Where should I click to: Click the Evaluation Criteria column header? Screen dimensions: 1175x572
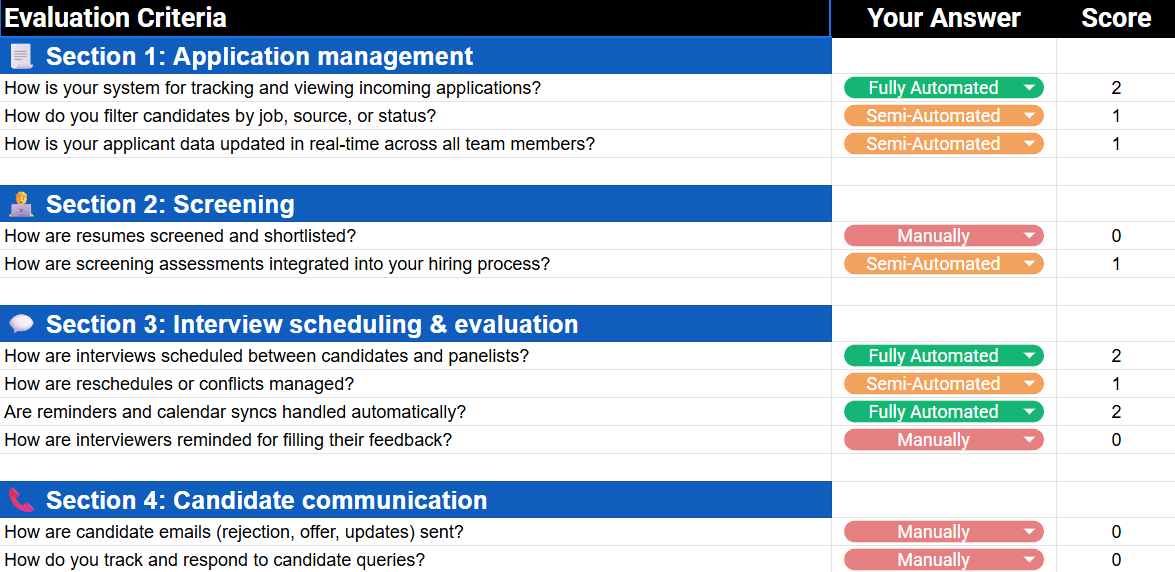click(116, 18)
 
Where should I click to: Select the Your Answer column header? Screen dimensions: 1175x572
click(943, 18)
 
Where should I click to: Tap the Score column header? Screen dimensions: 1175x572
click(1116, 18)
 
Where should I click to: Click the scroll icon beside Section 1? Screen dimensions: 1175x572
click(21, 56)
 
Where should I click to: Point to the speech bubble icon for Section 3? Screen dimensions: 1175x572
click(21, 324)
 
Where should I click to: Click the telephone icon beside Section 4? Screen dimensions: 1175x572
click(21, 500)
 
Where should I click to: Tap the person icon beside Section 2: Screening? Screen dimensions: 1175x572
click(21, 204)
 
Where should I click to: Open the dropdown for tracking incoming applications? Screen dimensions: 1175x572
click(943, 88)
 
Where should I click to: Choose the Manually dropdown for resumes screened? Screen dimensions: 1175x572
click(943, 236)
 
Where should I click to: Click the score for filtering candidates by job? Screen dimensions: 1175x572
click(1116, 116)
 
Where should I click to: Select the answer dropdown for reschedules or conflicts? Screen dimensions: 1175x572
click(943, 384)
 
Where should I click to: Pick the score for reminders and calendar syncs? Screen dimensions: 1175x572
click(1116, 412)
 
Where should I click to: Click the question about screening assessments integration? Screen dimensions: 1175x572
click(277, 264)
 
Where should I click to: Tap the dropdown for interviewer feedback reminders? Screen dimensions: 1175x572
click(943, 440)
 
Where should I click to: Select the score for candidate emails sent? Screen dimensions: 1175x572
click(1116, 532)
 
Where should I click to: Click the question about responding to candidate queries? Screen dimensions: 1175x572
click(215, 560)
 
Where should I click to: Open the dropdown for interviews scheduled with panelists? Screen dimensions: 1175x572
click(943, 355)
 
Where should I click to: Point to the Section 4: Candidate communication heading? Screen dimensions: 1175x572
click(267, 500)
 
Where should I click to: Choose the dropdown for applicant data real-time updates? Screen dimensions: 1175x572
click(943, 144)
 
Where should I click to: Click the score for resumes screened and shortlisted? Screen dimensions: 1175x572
click(1116, 236)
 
